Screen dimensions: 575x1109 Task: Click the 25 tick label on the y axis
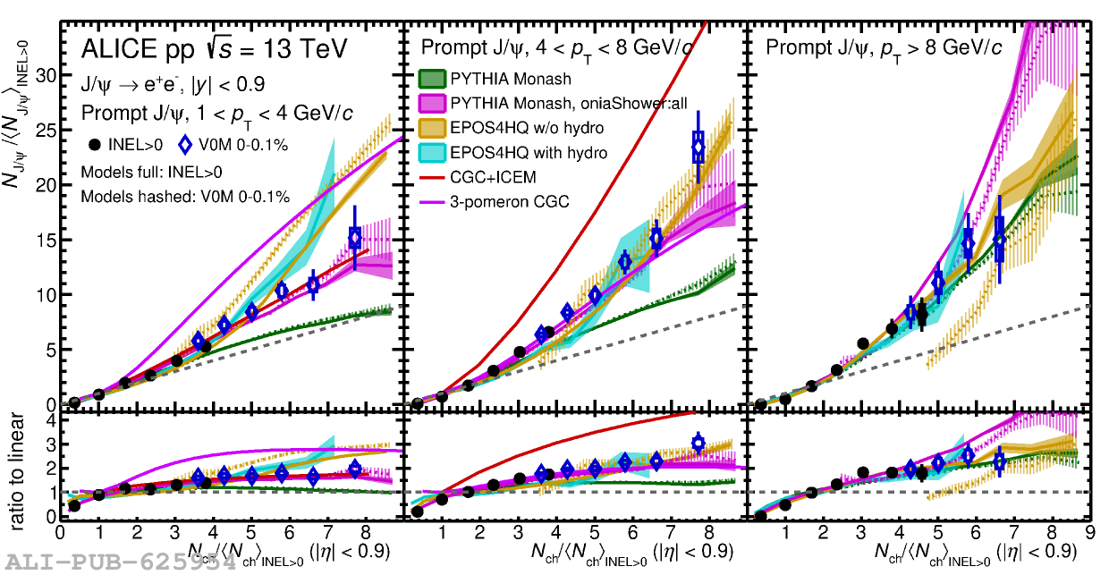click(46, 130)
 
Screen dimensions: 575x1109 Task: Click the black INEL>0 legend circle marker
click(96, 143)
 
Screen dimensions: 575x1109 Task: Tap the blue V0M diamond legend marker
click(186, 143)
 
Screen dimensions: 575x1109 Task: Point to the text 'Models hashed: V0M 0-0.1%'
click(185, 197)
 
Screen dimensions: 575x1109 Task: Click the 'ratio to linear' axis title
click(20, 465)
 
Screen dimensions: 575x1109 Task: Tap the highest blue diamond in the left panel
click(355, 238)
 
